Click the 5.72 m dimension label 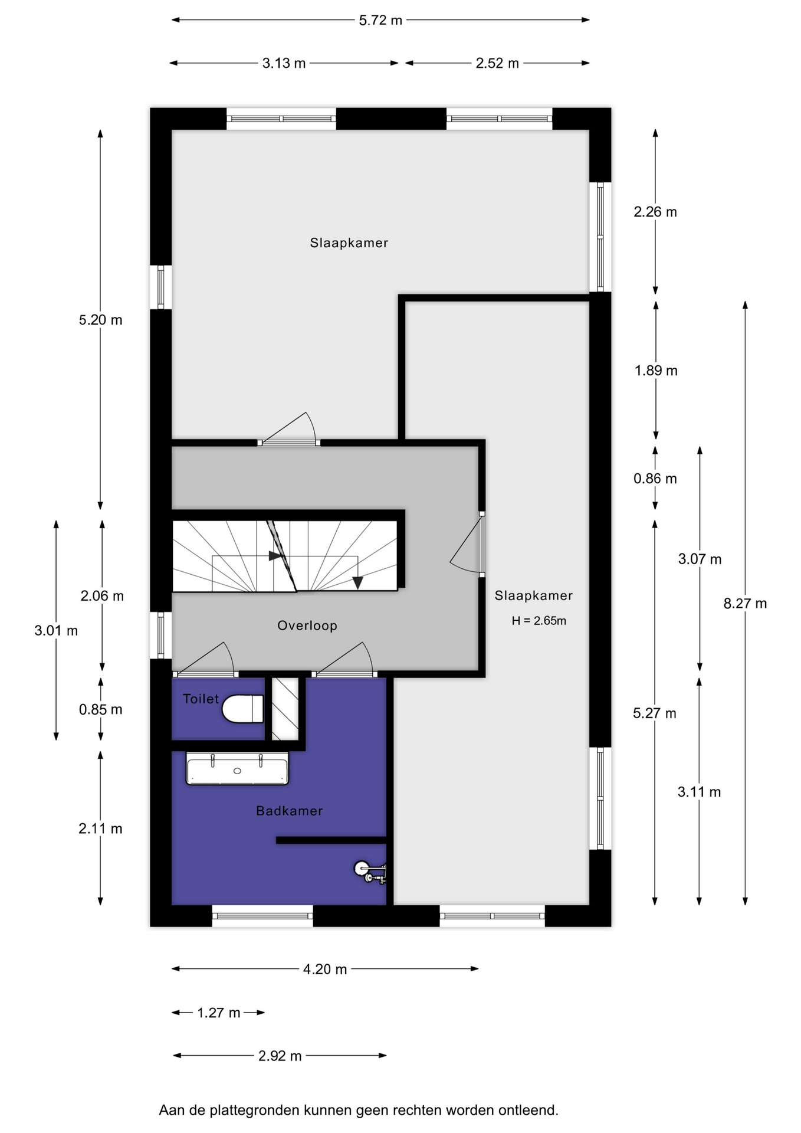(x=380, y=20)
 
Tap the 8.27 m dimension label (x=745, y=603)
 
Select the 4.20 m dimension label (x=325, y=969)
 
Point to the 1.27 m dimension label (x=218, y=1013)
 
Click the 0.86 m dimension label (x=655, y=479)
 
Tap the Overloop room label (x=307, y=626)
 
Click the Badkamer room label (x=289, y=811)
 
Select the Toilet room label (x=201, y=699)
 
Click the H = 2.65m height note (x=539, y=621)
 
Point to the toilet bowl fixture (x=242, y=709)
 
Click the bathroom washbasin (x=237, y=768)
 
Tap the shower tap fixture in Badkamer (x=370, y=872)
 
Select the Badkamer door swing (x=344, y=659)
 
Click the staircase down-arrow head (x=357, y=583)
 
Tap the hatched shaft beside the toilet (x=285, y=709)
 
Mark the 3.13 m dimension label (x=284, y=63)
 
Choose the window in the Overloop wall (x=160, y=635)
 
